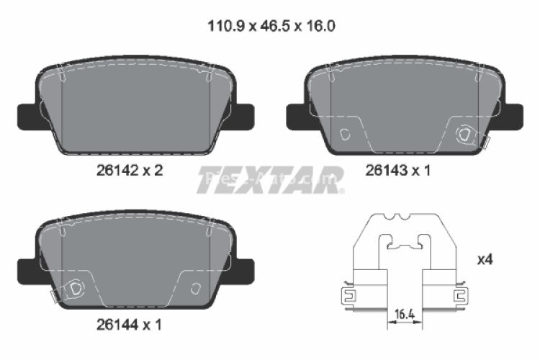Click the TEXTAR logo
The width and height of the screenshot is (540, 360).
pos(270,181)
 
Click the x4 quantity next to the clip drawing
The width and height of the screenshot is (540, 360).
pos(485,258)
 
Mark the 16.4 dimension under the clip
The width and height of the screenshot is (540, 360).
pos(405,315)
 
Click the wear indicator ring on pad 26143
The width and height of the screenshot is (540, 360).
pos(466,132)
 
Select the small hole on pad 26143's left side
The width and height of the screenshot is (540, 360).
pos(344,133)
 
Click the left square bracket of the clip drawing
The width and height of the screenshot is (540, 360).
pos(348,294)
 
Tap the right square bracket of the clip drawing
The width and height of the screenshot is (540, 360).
pos(461,294)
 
